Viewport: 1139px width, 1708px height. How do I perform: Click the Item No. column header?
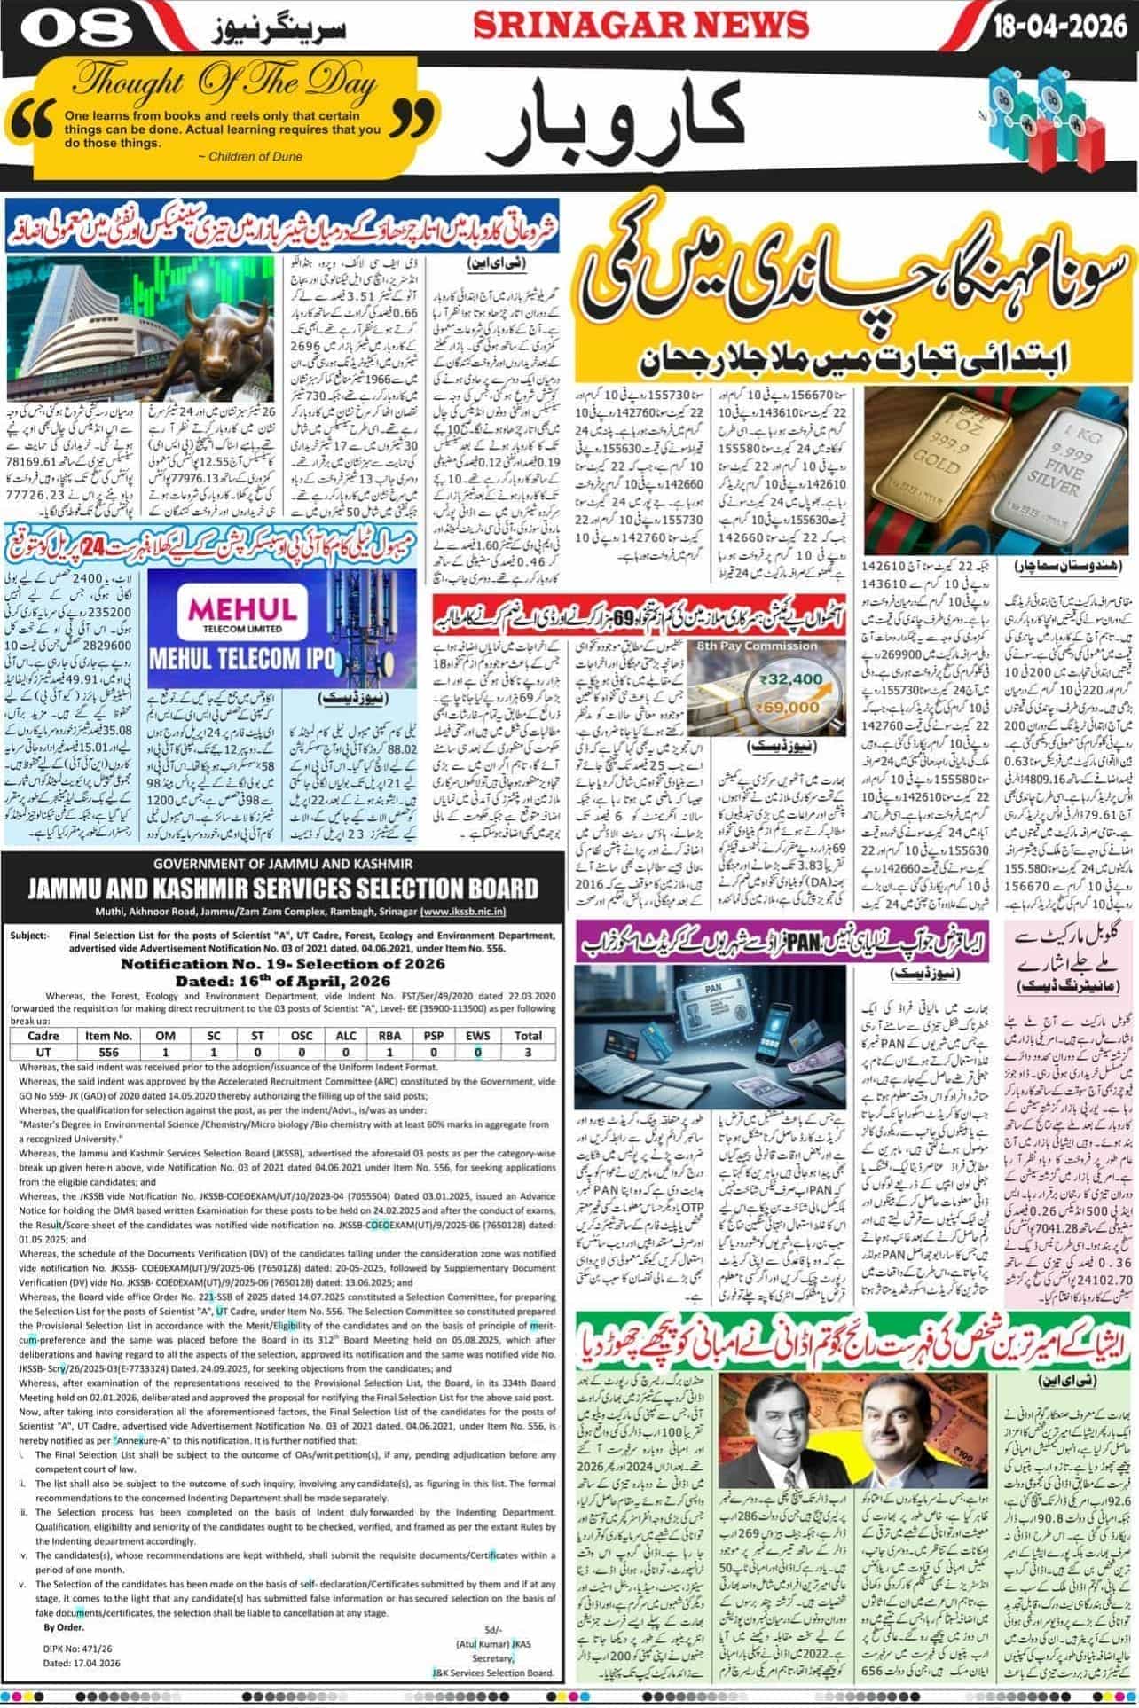tap(108, 1035)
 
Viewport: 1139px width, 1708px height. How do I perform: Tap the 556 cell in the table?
tap(108, 1052)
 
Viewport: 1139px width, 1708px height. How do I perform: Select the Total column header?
tap(528, 1035)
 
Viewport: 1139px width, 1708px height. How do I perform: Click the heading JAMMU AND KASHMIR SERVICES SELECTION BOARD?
tap(284, 889)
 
